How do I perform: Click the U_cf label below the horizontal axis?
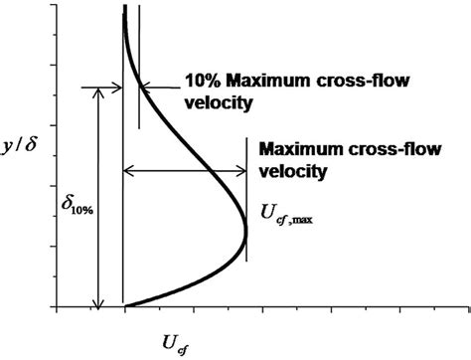(x=171, y=343)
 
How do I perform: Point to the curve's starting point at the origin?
(x=124, y=304)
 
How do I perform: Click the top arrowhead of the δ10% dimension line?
(x=97, y=91)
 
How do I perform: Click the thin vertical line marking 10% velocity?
(x=138, y=60)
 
